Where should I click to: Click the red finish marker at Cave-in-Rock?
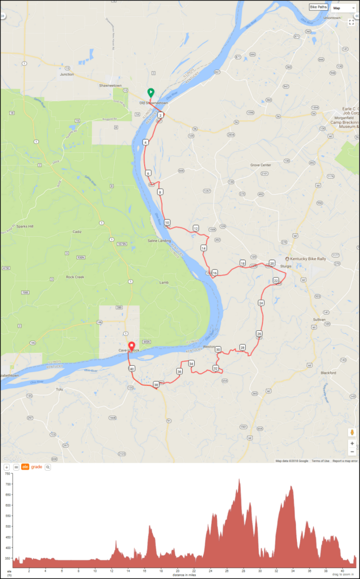tap(132, 346)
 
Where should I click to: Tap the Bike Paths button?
tap(318, 8)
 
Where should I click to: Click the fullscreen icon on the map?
tap(351, 22)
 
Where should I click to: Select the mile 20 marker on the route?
tap(272, 263)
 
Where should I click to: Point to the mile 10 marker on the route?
tap(167, 223)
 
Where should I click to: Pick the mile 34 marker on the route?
tap(191, 364)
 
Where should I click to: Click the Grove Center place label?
tap(260, 164)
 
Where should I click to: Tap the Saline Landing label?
tap(159, 240)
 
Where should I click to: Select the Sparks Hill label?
tap(24, 226)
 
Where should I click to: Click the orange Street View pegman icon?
tap(352, 432)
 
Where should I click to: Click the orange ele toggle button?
tap(25, 467)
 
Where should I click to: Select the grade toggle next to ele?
tap(36, 467)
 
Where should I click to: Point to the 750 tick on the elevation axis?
tap(8, 475)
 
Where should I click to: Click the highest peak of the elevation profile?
tap(239, 479)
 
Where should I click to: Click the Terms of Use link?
tap(320, 461)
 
